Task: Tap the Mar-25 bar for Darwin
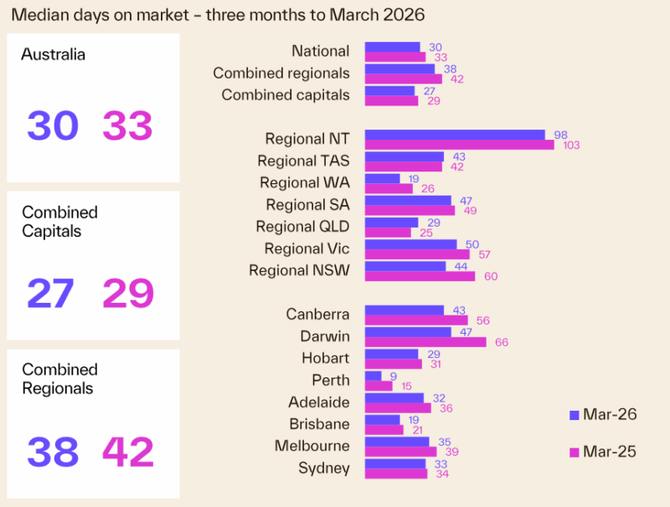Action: pyautogui.click(x=425, y=342)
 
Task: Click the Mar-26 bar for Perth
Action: pyautogui.click(x=374, y=376)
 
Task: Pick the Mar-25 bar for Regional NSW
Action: pyautogui.click(x=420, y=276)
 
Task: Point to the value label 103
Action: pyautogui.click(x=571, y=146)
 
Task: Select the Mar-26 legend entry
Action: pyautogui.click(x=602, y=414)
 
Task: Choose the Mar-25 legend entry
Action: pyautogui.click(x=602, y=452)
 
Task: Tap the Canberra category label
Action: pyautogui.click(x=317, y=315)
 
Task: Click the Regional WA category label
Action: pyautogui.click(x=304, y=182)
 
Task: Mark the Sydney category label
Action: pyautogui.click(x=323, y=468)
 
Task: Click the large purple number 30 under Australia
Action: pyautogui.click(x=53, y=126)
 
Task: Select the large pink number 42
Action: pyautogui.click(x=128, y=452)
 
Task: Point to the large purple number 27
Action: pyautogui.click(x=51, y=294)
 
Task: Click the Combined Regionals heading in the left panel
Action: pyautogui.click(x=59, y=379)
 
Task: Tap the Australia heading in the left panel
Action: pyautogui.click(x=54, y=55)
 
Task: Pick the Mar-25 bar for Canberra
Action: pyautogui.click(x=416, y=320)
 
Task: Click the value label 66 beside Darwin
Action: pyautogui.click(x=500, y=342)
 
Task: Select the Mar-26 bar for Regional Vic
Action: pyautogui.click(x=411, y=244)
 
